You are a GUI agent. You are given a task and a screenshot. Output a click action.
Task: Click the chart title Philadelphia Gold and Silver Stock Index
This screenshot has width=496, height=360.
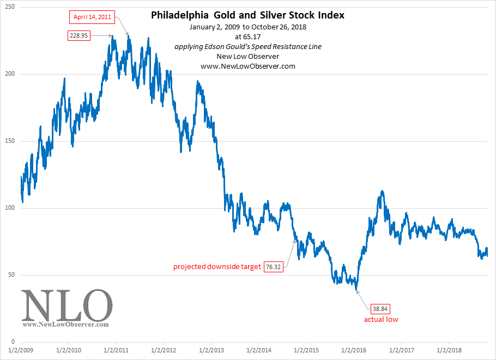[247, 16]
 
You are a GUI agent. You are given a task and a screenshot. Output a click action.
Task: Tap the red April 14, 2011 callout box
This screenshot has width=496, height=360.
[92, 17]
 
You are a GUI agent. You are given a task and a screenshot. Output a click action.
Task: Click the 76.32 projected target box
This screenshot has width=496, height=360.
[274, 267]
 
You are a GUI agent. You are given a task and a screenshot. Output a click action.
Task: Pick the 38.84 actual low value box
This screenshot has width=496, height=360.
[381, 308]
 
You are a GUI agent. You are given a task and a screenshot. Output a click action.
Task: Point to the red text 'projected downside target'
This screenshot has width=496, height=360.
[217, 267]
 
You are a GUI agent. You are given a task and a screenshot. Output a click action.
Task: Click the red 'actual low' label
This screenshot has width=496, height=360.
[381, 319]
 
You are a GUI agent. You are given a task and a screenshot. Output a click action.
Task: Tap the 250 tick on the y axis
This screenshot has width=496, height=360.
[10, 7]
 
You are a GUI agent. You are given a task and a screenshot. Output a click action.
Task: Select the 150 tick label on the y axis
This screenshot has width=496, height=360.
[10, 141]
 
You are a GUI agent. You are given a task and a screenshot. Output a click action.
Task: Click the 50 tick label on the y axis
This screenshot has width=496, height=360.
[12, 275]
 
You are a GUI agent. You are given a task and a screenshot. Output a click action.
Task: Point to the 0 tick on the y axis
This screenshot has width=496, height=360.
[14, 342]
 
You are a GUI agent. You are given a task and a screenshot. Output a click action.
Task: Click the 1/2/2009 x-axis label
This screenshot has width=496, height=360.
[21, 351]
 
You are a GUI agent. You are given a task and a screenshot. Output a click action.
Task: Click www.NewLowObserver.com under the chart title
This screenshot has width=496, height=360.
[247, 66]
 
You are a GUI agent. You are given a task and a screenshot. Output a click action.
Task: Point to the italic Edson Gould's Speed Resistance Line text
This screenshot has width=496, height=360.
[247, 47]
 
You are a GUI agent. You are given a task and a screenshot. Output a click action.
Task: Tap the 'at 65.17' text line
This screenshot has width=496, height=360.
[247, 37]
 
